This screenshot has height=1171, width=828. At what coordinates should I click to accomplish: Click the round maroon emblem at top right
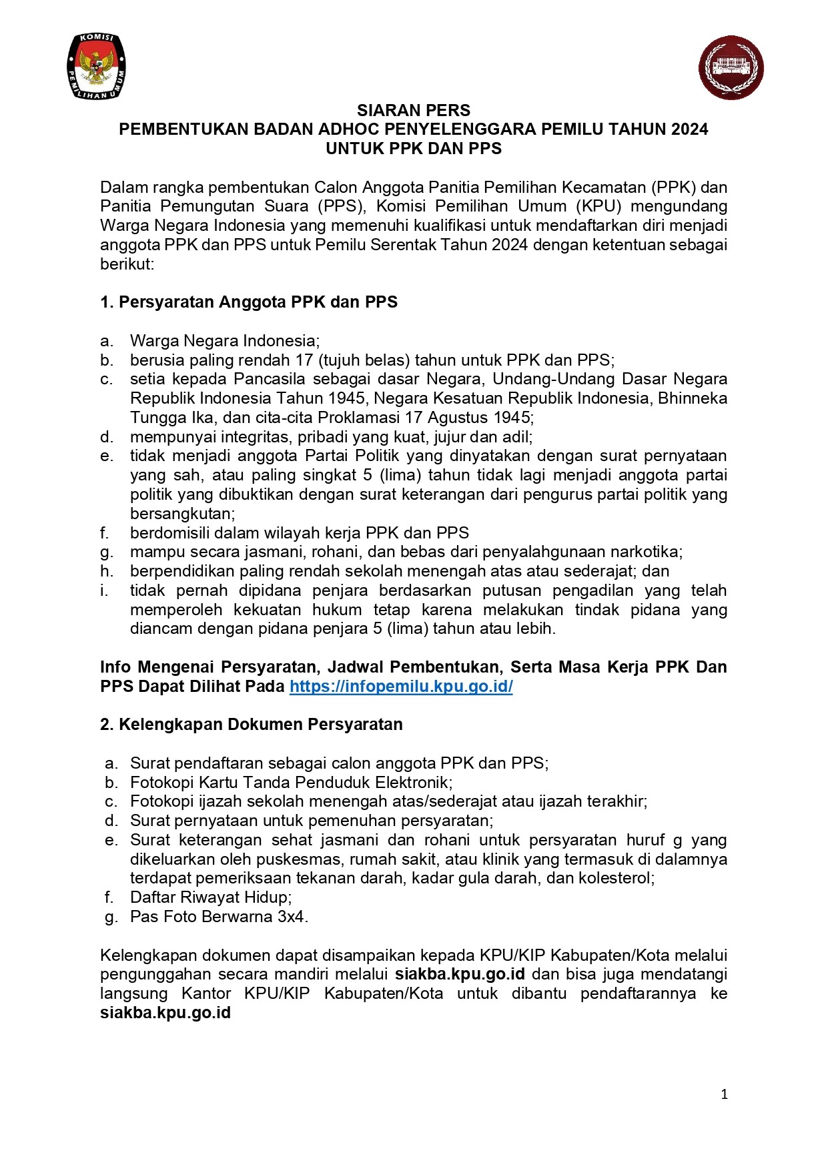[x=731, y=68]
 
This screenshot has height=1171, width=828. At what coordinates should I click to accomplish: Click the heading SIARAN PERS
[x=414, y=111]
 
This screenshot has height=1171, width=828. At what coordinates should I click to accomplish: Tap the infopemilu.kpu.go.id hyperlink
[x=401, y=687]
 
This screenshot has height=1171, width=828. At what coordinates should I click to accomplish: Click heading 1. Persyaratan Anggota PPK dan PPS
[x=249, y=302]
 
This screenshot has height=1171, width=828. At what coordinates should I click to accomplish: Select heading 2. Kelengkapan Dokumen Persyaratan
[x=252, y=725]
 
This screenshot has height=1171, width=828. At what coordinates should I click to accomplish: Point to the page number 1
[x=724, y=1094]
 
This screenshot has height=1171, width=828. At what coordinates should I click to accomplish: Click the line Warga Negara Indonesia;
[x=225, y=341]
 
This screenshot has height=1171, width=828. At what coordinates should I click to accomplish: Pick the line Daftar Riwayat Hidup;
[x=211, y=897]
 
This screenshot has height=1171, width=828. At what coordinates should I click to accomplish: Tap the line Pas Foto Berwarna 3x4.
[x=219, y=917]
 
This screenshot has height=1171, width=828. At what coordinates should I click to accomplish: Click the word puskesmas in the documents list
[x=305, y=859]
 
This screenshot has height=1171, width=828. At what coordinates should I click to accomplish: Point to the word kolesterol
[x=618, y=878]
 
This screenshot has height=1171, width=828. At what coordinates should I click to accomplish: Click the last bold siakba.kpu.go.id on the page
[x=165, y=1013]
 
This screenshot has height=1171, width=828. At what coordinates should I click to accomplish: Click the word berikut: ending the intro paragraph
[x=127, y=264]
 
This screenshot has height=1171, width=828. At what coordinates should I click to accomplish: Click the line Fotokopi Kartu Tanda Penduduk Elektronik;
[x=291, y=783]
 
